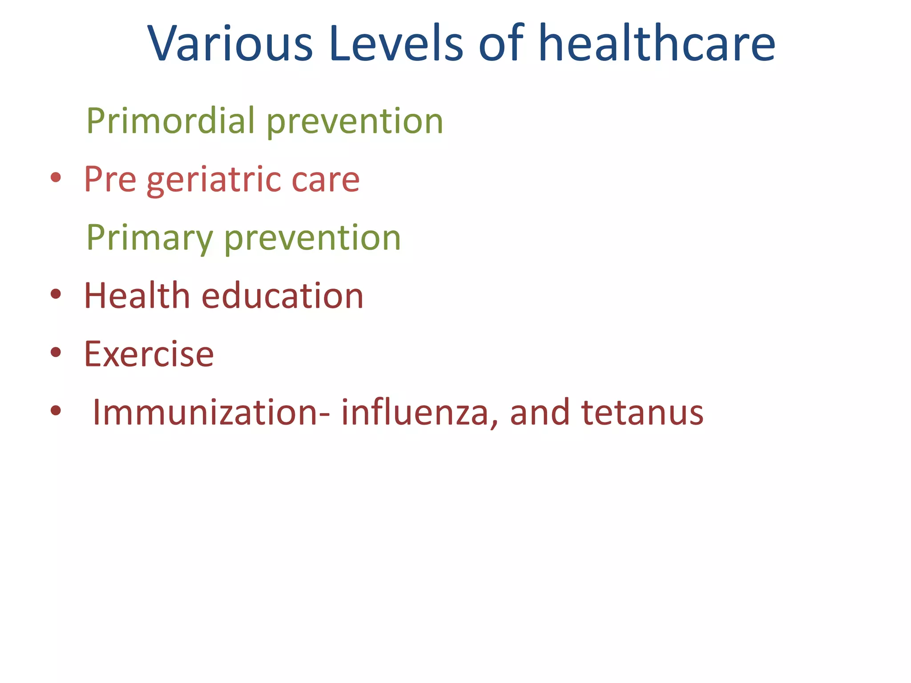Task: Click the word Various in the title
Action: pos(230,44)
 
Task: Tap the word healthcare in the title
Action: pos(657,44)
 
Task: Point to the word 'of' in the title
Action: pos(501,44)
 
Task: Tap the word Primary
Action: pos(149,238)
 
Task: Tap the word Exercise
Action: pos(149,354)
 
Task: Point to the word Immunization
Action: pos(210,412)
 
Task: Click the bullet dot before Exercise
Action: pos(56,353)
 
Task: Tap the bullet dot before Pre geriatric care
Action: pos(56,178)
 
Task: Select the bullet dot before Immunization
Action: pos(56,410)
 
